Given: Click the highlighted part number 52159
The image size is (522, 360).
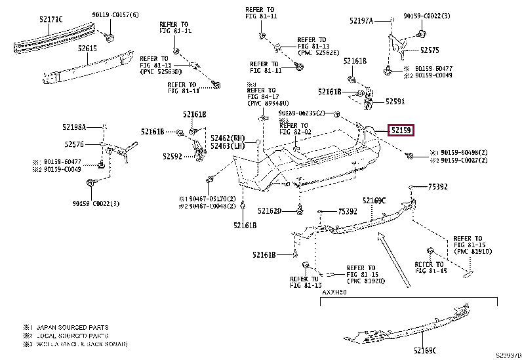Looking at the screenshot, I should coord(401,130).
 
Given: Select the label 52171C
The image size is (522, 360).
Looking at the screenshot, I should coord(50,20).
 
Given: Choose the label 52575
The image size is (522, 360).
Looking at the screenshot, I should coord(430,50).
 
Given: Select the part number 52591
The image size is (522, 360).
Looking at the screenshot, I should coord(395,102).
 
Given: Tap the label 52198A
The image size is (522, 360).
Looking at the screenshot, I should coord(75,126).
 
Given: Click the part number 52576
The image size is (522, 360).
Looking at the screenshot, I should coord(74,144).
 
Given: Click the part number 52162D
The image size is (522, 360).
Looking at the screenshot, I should coord(270,211).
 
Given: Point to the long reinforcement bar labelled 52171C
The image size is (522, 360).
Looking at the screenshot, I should coord(56,37).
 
